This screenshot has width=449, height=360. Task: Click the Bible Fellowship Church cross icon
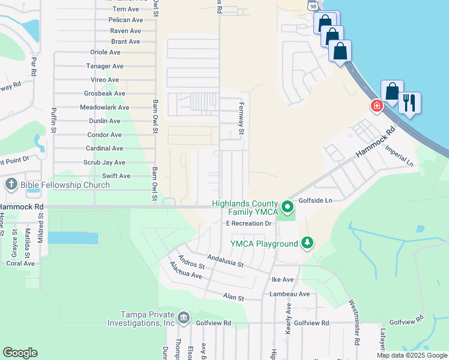[x=11, y=184]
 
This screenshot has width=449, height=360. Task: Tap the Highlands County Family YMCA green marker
[x=288, y=208]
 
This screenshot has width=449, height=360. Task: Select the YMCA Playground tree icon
[x=307, y=242]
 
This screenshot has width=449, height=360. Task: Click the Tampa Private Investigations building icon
[x=183, y=317]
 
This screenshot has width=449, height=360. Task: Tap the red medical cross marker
[x=377, y=106]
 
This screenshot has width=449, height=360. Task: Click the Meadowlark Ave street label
[x=104, y=107]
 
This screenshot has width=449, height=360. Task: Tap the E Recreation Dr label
[x=250, y=223]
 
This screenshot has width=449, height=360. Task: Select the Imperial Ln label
[x=400, y=155]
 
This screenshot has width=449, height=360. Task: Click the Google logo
[x=20, y=353]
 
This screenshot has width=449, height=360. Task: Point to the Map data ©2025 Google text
[x=411, y=355]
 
